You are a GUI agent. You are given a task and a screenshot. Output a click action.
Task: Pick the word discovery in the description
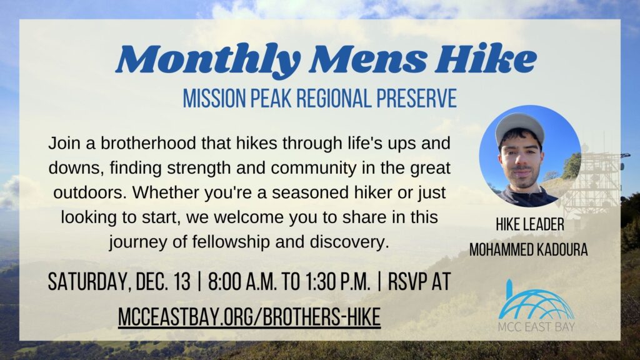pos(349,240)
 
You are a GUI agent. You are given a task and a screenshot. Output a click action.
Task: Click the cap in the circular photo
pos(519,124)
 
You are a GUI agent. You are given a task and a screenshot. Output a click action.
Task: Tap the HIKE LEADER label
pos(528,226)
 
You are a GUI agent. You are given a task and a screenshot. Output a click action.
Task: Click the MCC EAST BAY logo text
pos(537,327)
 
